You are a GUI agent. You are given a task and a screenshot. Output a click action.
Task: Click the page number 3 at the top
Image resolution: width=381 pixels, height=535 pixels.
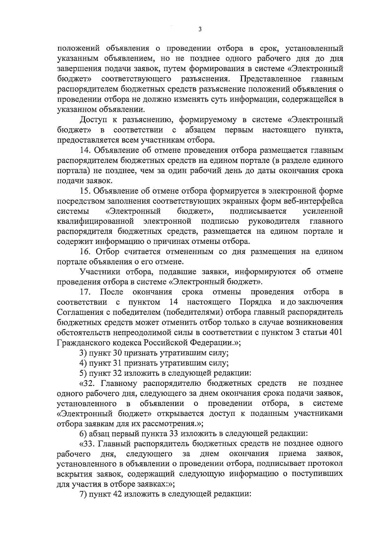200,30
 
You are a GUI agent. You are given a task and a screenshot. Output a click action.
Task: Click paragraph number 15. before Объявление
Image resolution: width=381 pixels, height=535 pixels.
85,191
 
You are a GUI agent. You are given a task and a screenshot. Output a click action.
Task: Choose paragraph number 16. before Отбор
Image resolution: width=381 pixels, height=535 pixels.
85,252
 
